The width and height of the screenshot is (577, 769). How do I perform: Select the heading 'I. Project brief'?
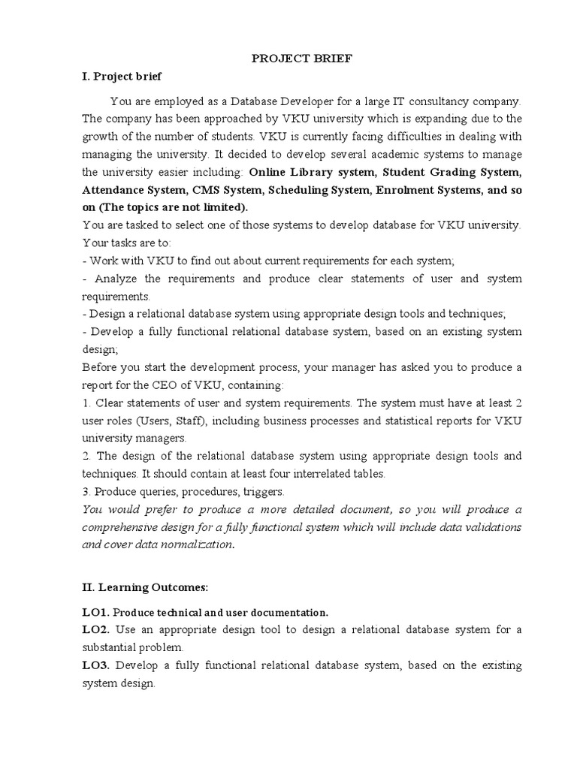point(121,77)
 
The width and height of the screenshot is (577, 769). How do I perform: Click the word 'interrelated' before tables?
point(316,474)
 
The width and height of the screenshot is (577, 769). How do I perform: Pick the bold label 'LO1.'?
point(95,612)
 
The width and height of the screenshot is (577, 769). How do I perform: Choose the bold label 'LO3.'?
point(96,666)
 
